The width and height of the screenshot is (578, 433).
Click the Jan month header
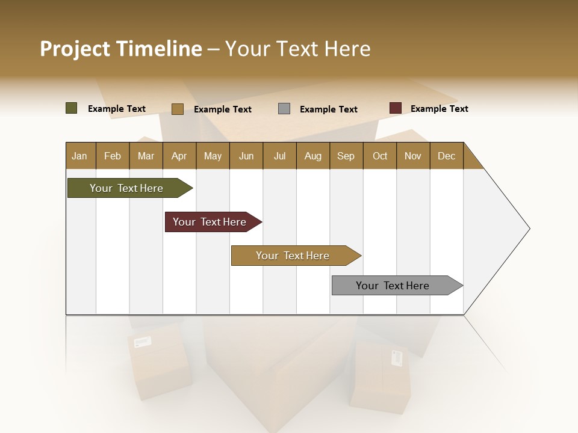[x=79, y=156]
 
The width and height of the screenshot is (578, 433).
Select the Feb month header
[x=113, y=156]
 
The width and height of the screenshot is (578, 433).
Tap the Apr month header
[x=179, y=156]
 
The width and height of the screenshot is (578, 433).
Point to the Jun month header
[x=246, y=156]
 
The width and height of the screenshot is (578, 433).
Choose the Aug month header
[x=312, y=156]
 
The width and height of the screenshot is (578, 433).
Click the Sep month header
[x=346, y=156]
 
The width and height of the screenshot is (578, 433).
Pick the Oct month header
[x=380, y=156]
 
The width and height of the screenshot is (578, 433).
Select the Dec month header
[x=446, y=156]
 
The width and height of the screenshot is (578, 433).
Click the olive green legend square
[x=72, y=108]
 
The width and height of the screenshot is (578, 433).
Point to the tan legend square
[x=178, y=109]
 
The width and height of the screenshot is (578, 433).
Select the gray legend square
[x=284, y=109]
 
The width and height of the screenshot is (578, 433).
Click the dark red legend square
[x=396, y=108]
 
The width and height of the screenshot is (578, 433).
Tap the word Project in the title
[x=76, y=49]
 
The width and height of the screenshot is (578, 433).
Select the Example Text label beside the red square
[x=439, y=109]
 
